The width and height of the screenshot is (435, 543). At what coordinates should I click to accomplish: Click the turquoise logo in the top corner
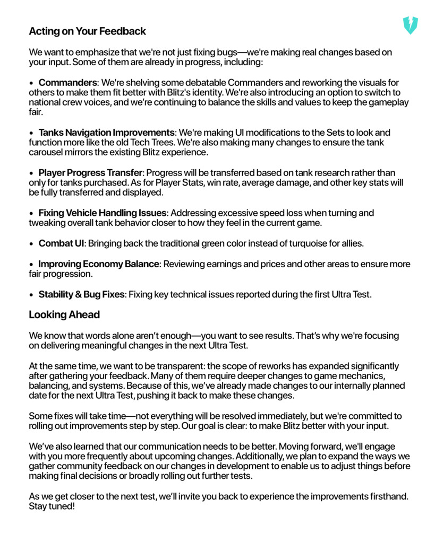click(x=410, y=25)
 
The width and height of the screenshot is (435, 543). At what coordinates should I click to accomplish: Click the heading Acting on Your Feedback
click(x=87, y=31)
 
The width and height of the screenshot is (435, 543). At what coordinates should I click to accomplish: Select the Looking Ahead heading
click(x=64, y=314)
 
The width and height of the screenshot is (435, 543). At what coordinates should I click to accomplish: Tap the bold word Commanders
click(x=68, y=83)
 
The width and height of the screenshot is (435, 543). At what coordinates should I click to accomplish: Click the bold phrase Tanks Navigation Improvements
click(x=107, y=133)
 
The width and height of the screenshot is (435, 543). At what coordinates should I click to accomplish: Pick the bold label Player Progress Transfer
click(x=90, y=173)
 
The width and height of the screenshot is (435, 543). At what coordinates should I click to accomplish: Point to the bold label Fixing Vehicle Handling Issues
click(x=103, y=213)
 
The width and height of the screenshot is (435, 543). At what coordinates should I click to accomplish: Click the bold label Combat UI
click(x=62, y=244)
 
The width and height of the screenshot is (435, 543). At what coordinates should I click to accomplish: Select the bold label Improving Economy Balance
click(x=98, y=264)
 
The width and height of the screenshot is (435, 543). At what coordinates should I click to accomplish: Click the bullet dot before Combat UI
click(x=32, y=244)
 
